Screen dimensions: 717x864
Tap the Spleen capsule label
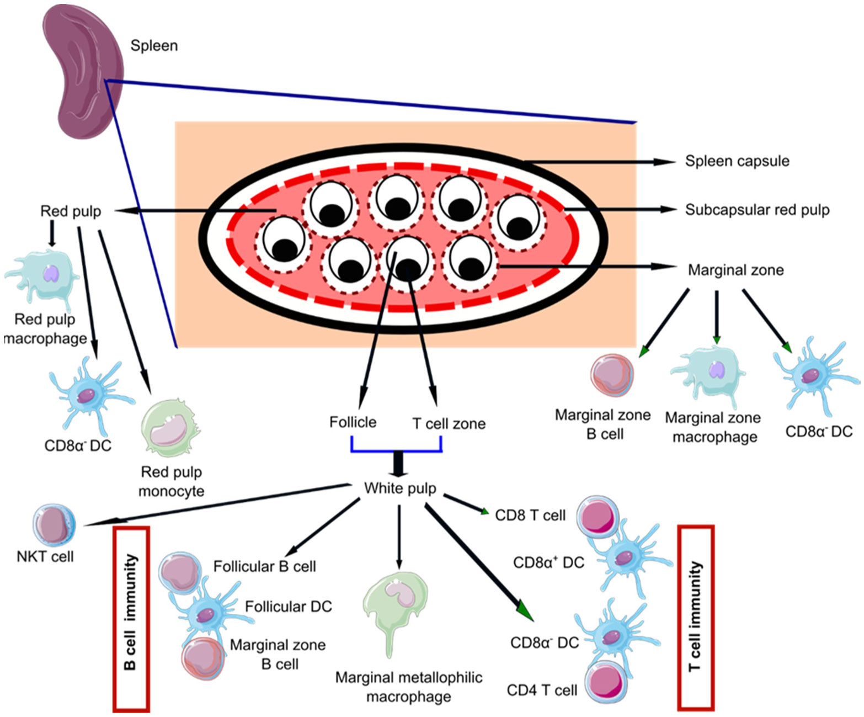(x=737, y=161)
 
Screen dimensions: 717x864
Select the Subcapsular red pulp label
(x=757, y=210)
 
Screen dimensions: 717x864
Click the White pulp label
(x=400, y=488)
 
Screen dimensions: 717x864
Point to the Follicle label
(x=353, y=422)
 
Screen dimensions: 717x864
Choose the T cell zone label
(x=449, y=424)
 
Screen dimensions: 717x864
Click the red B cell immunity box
(x=131, y=618)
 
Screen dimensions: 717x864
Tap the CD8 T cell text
(x=530, y=516)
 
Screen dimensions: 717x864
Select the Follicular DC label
(x=288, y=607)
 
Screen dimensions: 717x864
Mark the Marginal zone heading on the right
(x=735, y=270)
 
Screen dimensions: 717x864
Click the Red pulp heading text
(x=71, y=211)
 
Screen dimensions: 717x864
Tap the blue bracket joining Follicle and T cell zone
(x=396, y=450)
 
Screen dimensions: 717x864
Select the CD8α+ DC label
(x=548, y=563)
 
